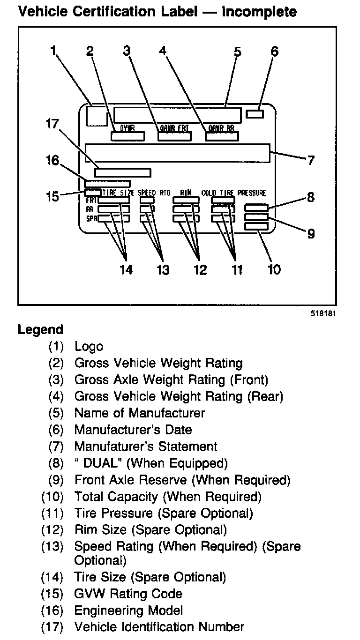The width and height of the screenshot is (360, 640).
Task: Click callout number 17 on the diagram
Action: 52,125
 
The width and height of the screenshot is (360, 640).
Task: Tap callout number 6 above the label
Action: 274,51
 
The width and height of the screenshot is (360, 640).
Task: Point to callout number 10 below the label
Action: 274,269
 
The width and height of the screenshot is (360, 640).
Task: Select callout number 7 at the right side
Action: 311,160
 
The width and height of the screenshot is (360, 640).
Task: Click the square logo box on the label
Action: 97,115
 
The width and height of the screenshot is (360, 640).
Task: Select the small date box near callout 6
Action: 255,114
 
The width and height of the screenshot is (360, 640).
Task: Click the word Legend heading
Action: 40,330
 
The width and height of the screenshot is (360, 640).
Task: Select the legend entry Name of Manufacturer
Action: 139,413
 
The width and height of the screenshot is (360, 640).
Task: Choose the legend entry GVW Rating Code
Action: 128,594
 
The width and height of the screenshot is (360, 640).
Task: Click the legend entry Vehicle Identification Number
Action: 159,627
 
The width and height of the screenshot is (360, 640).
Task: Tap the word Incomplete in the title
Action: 259,11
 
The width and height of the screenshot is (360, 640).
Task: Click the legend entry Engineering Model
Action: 128,610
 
